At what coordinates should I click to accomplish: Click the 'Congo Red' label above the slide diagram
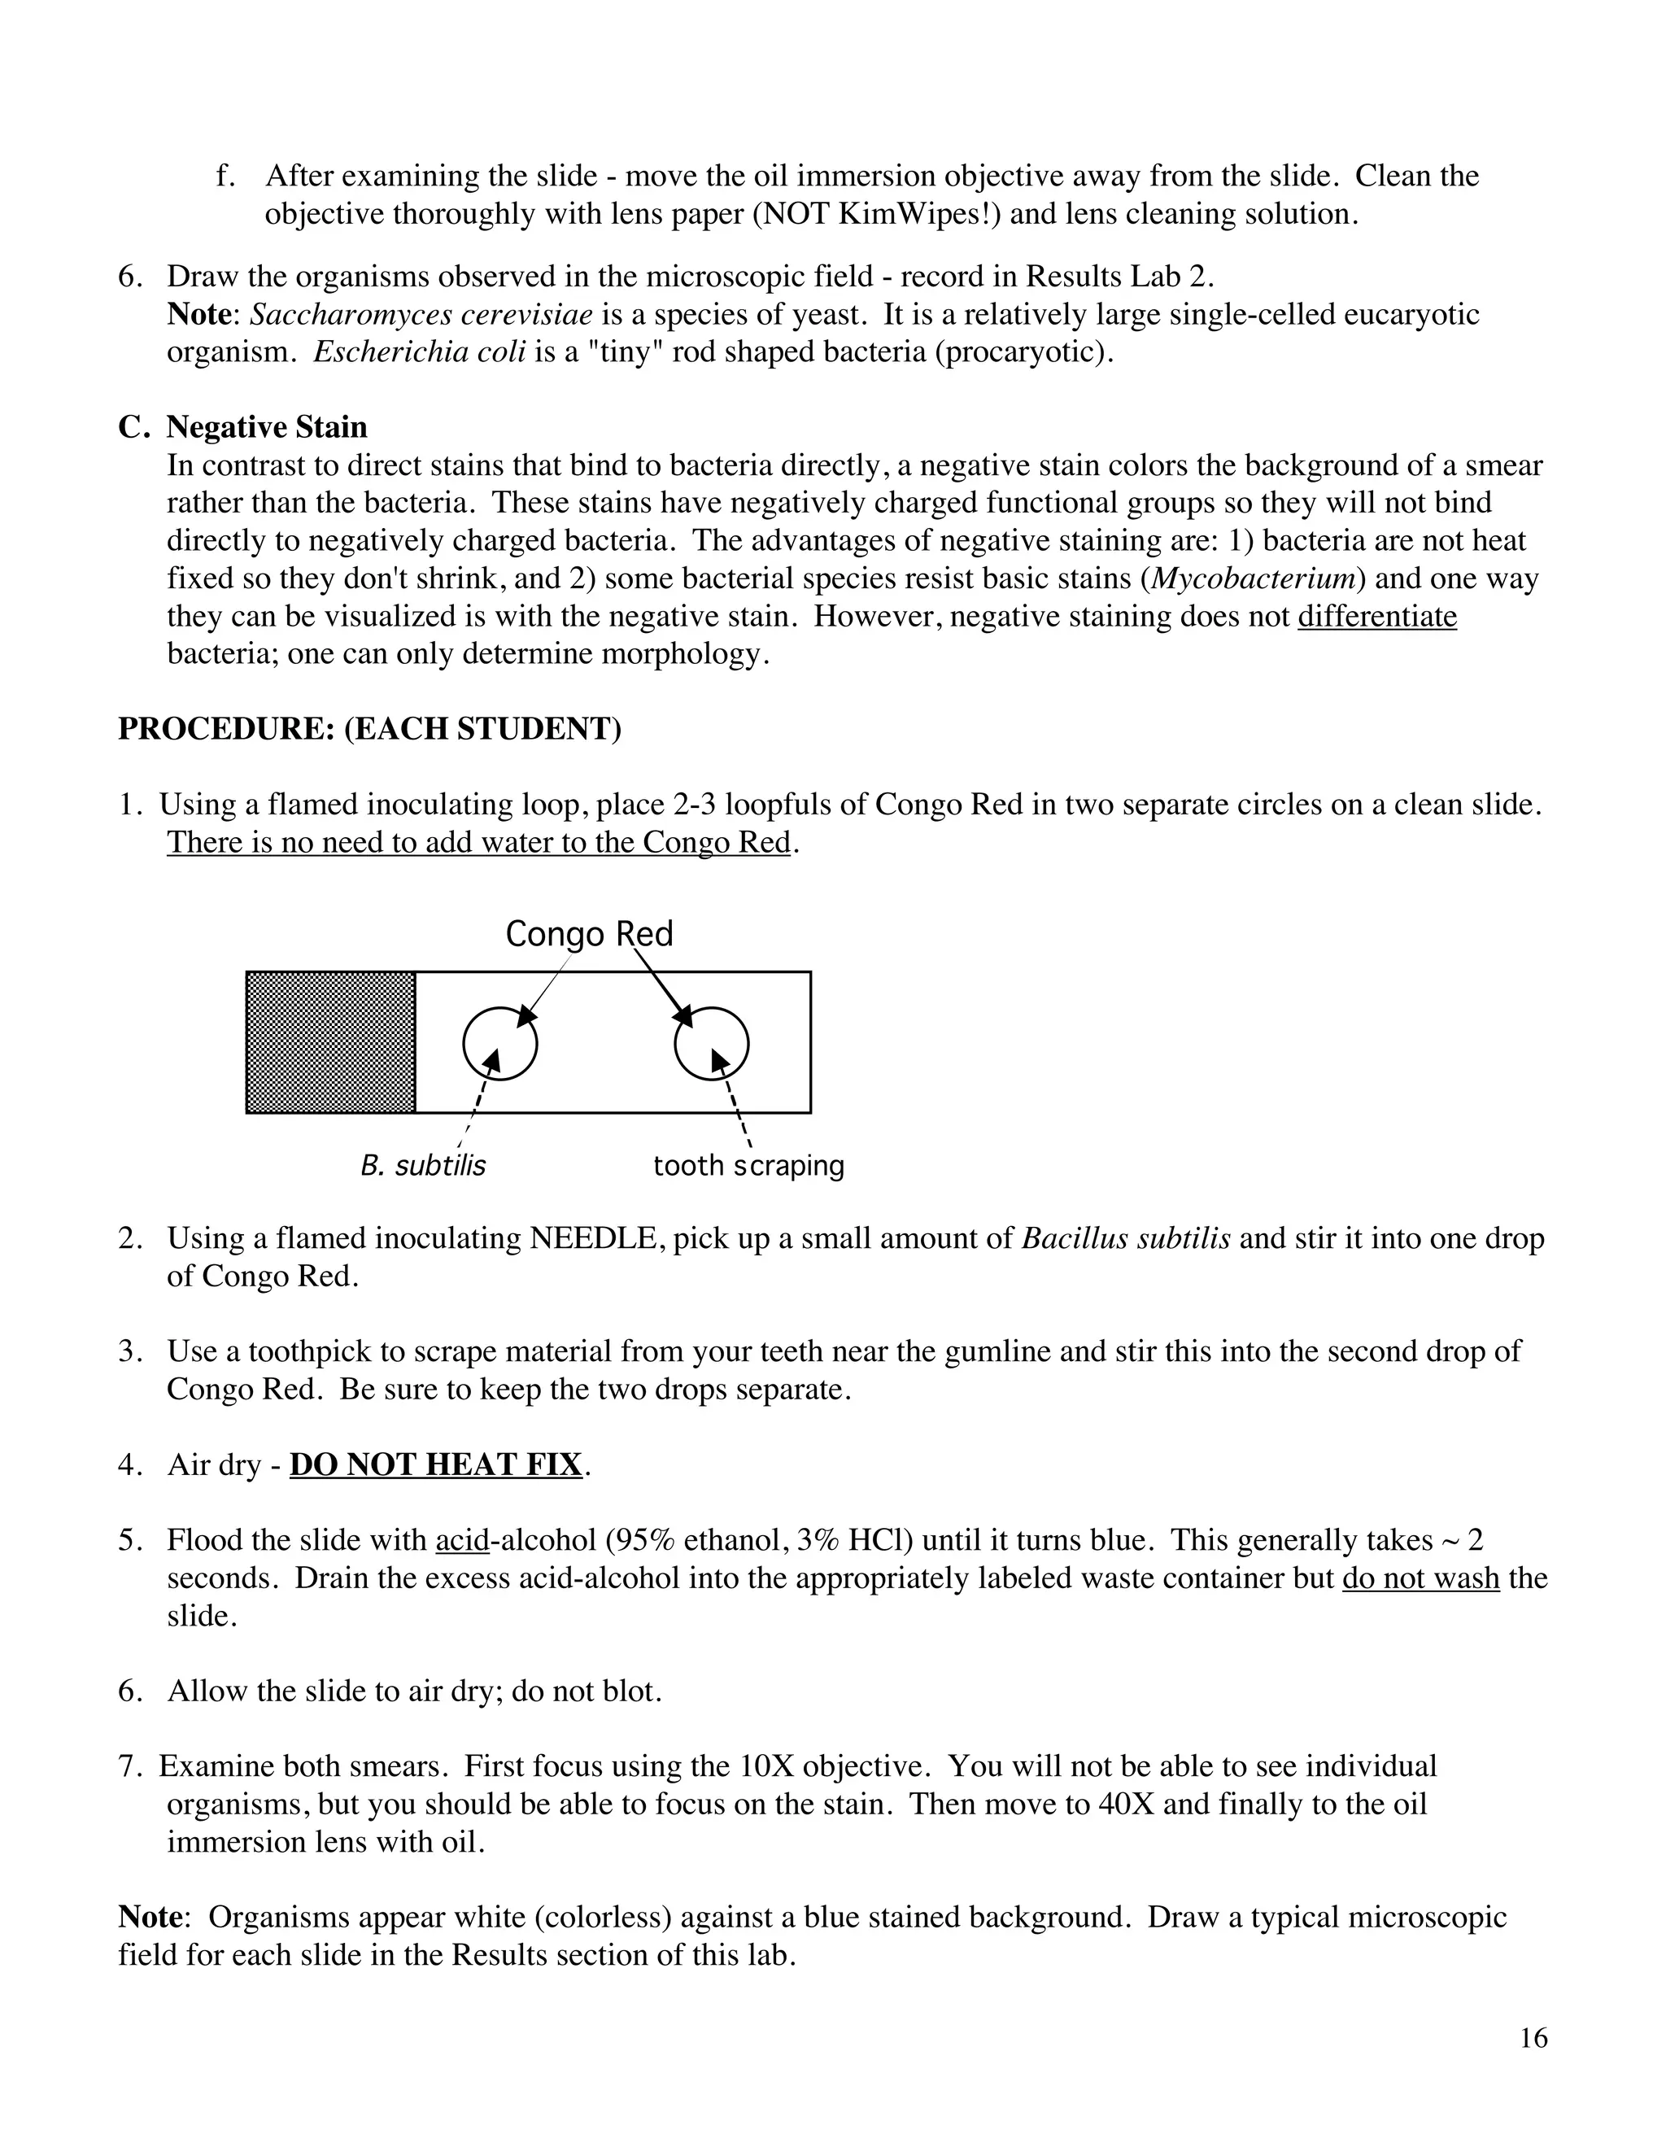point(588,933)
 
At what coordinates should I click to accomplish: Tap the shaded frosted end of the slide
point(330,1041)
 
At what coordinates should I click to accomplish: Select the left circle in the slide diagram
point(500,1044)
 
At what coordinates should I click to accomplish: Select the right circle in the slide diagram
point(712,1044)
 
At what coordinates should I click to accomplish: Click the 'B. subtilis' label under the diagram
point(422,1166)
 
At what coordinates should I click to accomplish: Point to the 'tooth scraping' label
point(748,1166)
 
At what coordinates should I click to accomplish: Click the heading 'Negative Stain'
point(267,426)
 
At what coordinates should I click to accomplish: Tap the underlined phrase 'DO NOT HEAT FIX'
point(435,1464)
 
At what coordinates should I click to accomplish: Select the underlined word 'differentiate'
point(1377,616)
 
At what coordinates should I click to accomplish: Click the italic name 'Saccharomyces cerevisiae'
point(421,315)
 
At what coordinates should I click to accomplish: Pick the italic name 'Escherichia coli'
point(420,352)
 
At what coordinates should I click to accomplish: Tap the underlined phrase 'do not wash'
point(1420,1578)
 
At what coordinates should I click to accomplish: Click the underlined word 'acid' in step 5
point(462,1540)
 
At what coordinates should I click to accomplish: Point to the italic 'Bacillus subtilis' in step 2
point(1125,1238)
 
